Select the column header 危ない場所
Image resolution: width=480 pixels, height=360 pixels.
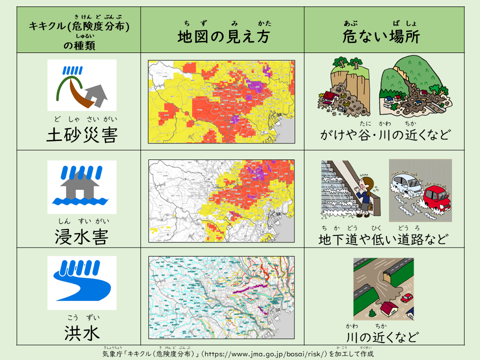[x=381, y=36]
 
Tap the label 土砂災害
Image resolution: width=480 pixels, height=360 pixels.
[x=81, y=135]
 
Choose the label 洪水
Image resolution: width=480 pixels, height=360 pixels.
[x=81, y=332]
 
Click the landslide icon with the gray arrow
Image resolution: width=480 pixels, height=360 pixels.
[x=82, y=85]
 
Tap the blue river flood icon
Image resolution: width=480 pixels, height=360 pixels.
[x=82, y=282]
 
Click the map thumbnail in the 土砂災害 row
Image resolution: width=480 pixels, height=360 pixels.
[x=221, y=101]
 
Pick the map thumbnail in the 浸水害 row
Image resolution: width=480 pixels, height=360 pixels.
[x=221, y=201]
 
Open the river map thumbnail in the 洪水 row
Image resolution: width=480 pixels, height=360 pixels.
[x=221, y=297]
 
